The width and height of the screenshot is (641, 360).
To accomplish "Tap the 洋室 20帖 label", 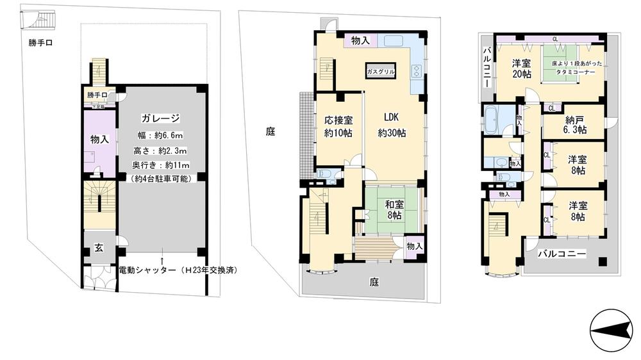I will click(x=521, y=69).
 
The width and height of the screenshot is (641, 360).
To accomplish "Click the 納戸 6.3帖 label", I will click(x=575, y=124).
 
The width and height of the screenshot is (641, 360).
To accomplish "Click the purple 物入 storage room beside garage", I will click(x=99, y=139).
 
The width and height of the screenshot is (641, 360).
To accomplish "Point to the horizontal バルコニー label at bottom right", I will click(x=561, y=254).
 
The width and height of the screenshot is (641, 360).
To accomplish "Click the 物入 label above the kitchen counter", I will click(x=360, y=41).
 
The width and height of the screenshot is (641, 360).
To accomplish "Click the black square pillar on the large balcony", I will click(x=603, y=261).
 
